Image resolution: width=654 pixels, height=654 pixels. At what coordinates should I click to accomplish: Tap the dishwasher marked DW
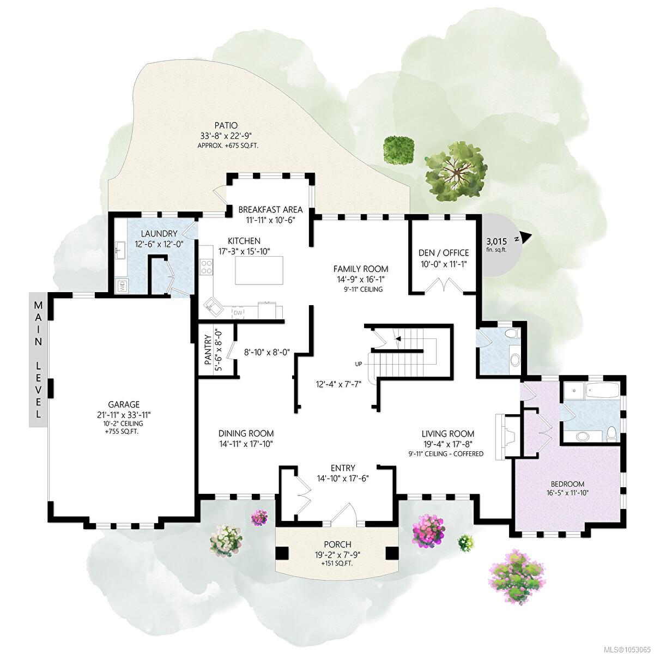(238, 313)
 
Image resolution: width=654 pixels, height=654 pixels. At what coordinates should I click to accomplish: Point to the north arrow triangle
(525, 237)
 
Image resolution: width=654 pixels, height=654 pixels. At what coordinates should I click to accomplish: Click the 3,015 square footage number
(497, 241)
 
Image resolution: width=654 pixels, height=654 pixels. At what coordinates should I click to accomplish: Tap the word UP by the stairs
(359, 364)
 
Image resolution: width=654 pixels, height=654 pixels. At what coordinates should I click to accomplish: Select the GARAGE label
(124, 404)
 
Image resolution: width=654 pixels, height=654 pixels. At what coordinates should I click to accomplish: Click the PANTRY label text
(208, 350)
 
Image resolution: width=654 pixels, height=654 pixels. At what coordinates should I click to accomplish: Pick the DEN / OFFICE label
(444, 253)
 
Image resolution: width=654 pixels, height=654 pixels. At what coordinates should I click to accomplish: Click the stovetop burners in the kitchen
(207, 267)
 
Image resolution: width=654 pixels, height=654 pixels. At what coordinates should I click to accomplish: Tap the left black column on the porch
(282, 554)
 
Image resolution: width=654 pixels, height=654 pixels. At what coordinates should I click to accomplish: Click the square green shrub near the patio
(398, 150)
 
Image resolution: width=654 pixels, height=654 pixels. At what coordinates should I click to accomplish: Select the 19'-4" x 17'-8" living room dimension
(448, 444)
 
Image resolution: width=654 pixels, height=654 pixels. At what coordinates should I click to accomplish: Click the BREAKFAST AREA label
(270, 209)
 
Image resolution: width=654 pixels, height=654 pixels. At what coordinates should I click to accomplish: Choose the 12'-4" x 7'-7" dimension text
(338, 385)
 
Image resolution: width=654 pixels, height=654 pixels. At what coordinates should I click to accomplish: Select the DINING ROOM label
(246, 433)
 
